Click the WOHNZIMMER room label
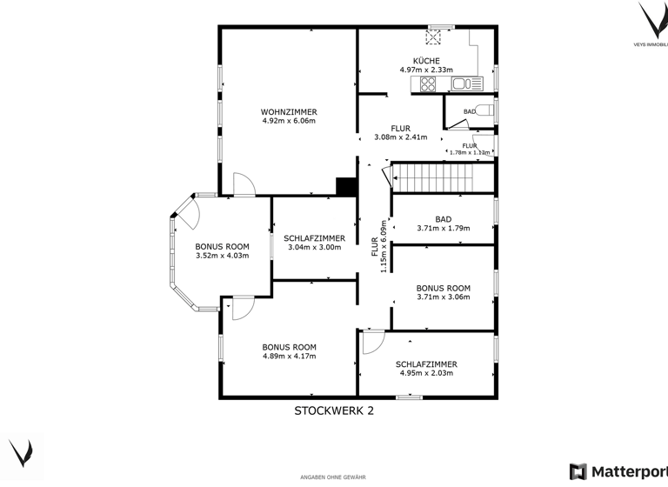tap(289, 111)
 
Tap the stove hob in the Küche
tap(428, 84)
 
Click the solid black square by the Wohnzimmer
tap(346, 187)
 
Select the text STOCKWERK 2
tap(334, 410)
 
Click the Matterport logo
tap(618, 471)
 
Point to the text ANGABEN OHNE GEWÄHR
tap(333, 477)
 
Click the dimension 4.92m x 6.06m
tap(289, 121)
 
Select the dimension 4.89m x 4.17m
tap(289, 356)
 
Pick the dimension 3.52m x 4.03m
tap(222, 256)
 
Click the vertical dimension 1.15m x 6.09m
tap(383, 245)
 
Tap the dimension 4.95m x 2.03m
tap(426, 374)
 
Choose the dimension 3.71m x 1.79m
tap(443, 229)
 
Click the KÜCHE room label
tap(426, 59)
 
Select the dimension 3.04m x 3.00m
tap(314, 248)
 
